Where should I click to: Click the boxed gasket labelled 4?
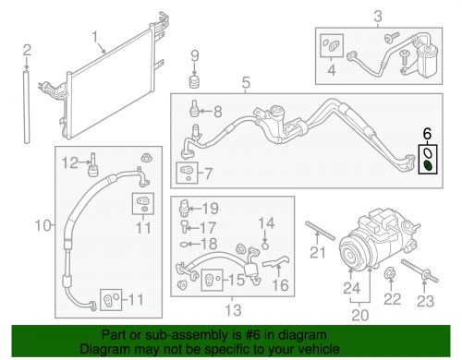[x=330, y=42]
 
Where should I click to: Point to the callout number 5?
[x=246, y=86]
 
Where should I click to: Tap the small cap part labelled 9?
[x=195, y=84]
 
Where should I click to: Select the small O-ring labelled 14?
[x=265, y=243]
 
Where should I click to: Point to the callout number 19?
[x=212, y=208]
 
